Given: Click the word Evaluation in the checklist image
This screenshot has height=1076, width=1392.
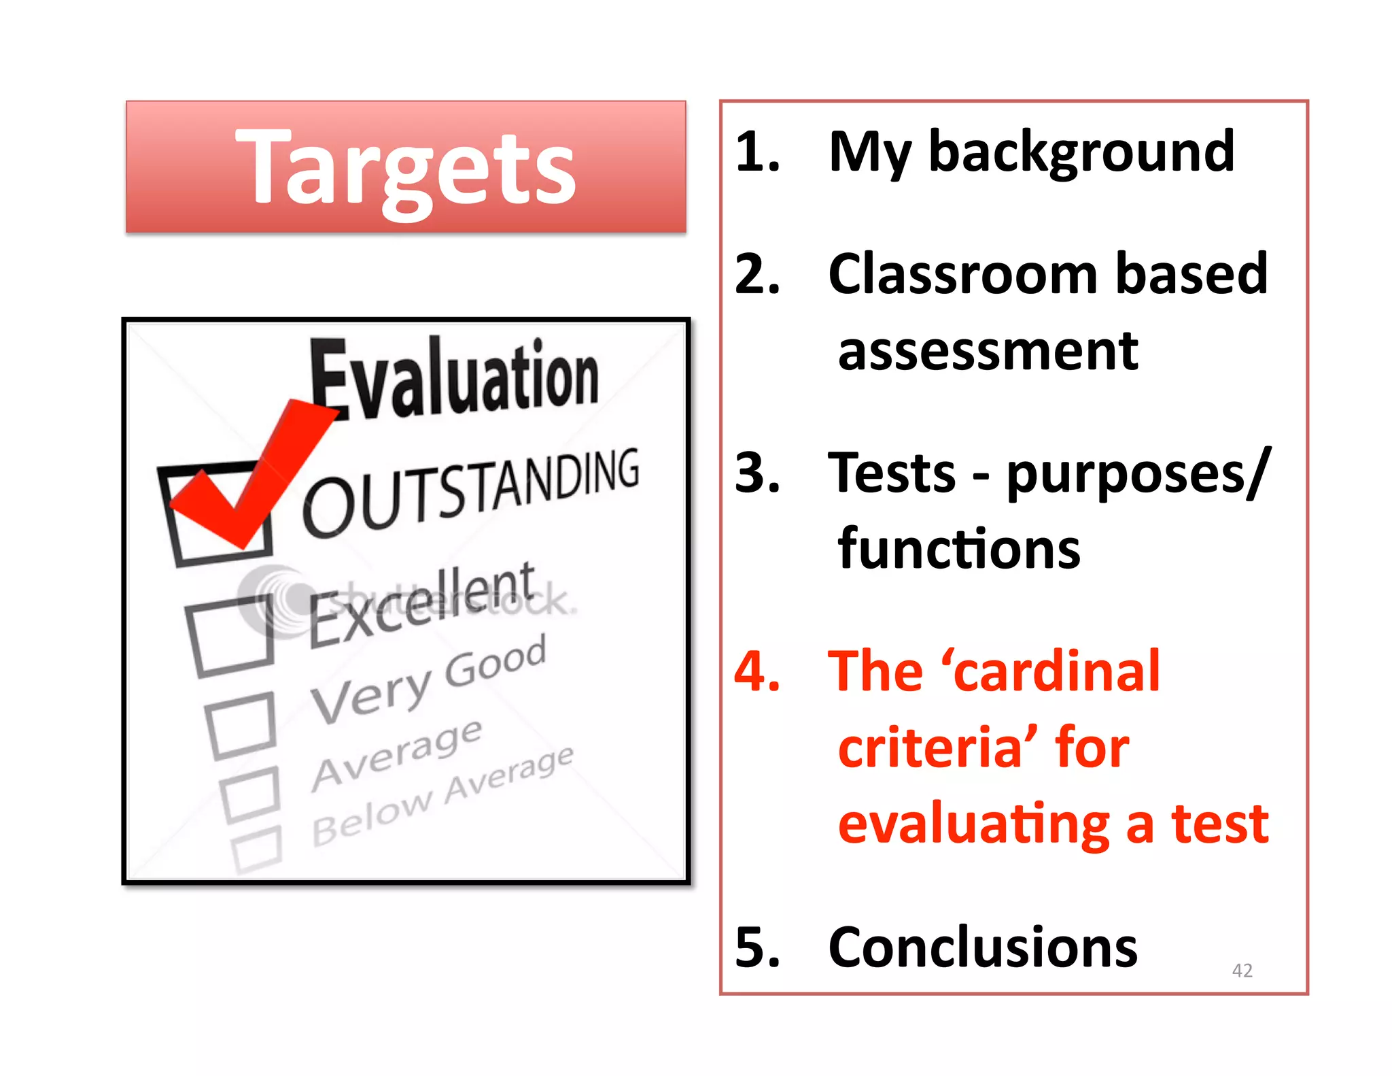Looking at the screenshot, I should [454, 378].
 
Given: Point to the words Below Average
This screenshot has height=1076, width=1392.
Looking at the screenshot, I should [442, 796].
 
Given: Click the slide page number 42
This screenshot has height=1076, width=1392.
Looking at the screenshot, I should [1242, 970].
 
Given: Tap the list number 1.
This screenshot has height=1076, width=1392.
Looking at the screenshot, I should [756, 151].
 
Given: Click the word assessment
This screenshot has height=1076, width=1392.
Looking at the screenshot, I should [988, 352].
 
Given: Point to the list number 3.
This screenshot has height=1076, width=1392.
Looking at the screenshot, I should [756, 473].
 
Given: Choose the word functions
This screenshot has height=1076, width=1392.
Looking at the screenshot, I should [958, 549].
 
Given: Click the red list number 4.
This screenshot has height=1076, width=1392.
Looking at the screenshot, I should [756, 671].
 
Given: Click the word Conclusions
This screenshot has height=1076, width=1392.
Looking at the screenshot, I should [983, 947].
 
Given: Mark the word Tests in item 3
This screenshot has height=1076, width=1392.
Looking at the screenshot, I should [891, 473].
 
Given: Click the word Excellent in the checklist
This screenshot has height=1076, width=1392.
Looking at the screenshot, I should [421, 604].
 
